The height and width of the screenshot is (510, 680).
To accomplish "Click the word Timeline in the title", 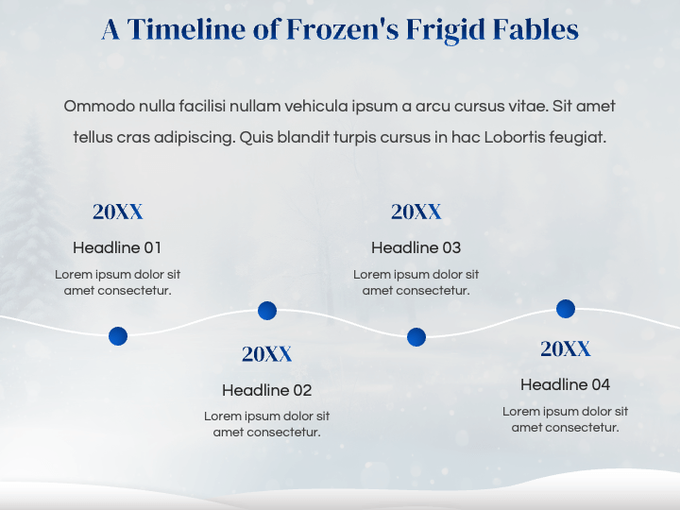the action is tap(186, 29).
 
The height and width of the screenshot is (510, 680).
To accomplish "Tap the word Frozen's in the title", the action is tap(343, 29).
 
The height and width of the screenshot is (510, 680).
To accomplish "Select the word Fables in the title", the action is tap(535, 29).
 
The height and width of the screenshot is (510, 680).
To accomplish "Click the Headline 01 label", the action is tap(117, 247).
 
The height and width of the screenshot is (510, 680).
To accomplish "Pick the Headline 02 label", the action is tap(266, 390).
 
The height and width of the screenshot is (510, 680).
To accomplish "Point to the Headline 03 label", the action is tap(416, 247).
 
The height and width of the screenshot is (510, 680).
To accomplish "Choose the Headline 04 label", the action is tap(565, 384).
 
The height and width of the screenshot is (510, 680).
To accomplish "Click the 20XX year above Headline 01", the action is tap(117, 212).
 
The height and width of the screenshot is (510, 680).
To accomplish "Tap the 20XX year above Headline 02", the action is tap(266, 354).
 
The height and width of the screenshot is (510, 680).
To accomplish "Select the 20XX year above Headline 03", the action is tap(416, 212).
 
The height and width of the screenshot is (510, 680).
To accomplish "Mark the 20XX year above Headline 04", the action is tap(565, 348).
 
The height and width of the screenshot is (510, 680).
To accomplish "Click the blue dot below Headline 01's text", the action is tap(118, 336).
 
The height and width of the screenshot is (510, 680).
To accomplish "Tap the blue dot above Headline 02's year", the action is tap(267, 311).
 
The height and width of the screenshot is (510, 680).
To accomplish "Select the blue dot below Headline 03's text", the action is tap(416, 337).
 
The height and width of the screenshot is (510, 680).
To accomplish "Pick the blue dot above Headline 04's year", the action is tap(566, 309).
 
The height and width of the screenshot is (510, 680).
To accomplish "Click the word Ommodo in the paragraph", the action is tap(99, 106).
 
